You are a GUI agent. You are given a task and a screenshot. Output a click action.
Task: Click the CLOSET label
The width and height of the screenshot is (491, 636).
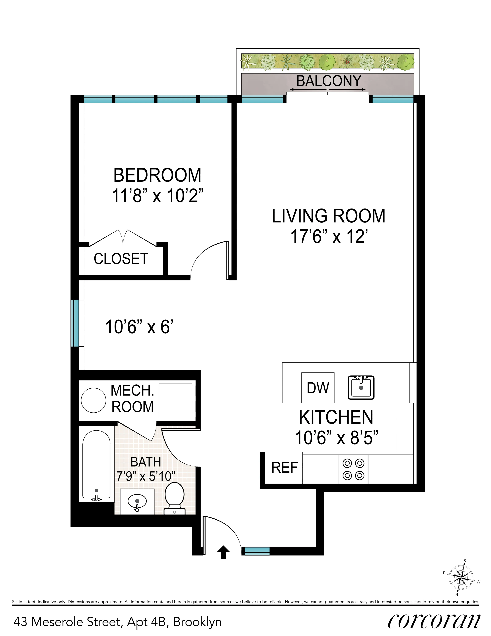pyautogui.click(x=121, y=259)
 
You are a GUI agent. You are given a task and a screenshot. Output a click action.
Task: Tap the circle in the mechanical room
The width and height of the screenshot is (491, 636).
pyautogui.click(x=94, y=400)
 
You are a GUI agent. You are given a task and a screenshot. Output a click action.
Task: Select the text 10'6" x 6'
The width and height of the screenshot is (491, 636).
pyautogui.click(x=139, y=327)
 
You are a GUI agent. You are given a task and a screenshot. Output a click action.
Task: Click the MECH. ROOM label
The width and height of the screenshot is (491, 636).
pyautogui.click(x=132, y=398)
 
